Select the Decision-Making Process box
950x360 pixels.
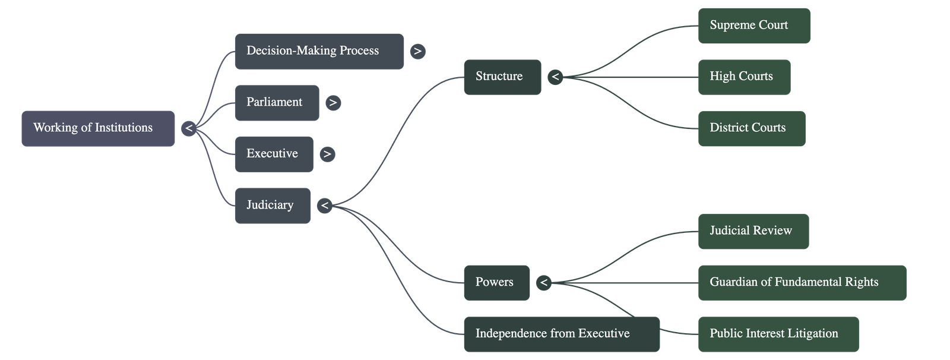pos(319,51)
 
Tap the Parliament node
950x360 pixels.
pos(277,103)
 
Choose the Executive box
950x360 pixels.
pos(274,154)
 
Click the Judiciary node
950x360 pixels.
pos(272,206)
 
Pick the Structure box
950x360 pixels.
pos(502,77)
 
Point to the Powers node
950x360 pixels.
pos(496,282)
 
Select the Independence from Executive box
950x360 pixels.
pos(561,334)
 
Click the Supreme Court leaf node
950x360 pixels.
pos(753,26)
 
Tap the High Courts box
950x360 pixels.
pos(744,77)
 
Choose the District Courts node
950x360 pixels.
pos(751,128)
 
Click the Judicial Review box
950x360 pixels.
pos(753,231)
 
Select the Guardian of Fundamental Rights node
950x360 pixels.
pos(802,283)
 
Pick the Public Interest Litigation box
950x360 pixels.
pos(778,334)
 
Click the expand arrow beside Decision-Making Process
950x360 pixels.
pos(418,52)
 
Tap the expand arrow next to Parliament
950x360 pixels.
pos(333,103)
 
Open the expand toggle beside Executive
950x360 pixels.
pos(327,154)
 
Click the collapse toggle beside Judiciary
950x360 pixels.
pos(324,206)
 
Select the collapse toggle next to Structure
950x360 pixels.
pos(555,77)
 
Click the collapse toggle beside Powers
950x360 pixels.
pos(543,283)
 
